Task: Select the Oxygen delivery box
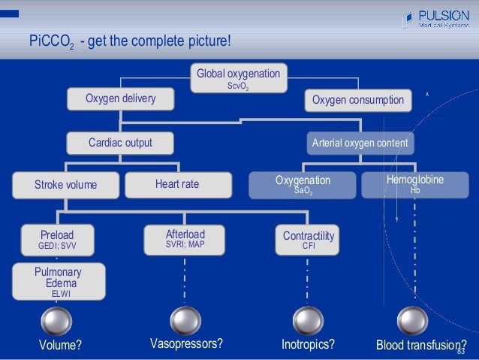pyautogui.click(x=120, y=99)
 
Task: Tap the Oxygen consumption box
pyautogui.click(x=357, y=100)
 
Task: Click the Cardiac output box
pyautogui.click(x=120, y=142)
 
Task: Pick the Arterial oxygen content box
pyautogui.click(x=360, y=142)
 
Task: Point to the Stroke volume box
pyautogui.click(x=65, y=184)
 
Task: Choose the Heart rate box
pyautogui.click(x=177, y=184)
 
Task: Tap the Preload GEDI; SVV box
pyautogui.click(x=57, y=239)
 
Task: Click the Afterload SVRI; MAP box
pyautogui.click(x=185, y=238)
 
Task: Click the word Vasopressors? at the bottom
pyautogui.click(x=186, y=344)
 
